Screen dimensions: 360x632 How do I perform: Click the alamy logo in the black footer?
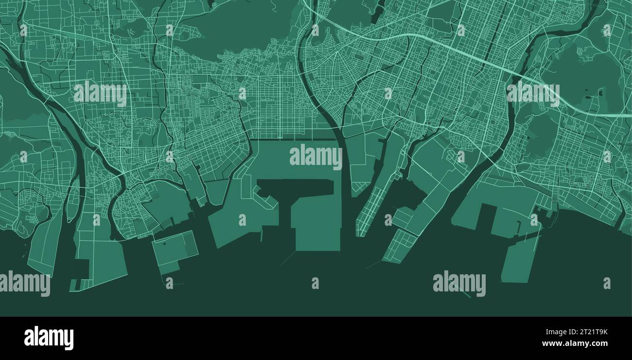click(x=49, y=338)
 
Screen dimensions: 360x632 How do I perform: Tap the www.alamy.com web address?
click(x=575, y=343)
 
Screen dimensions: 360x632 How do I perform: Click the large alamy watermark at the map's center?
click(x=316, y=157)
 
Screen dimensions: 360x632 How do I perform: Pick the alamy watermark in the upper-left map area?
click(x=100, y=93)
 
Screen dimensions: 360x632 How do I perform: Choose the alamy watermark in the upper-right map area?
click(x=533, y=93)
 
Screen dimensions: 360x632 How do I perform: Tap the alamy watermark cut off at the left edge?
click(x=24, y=284)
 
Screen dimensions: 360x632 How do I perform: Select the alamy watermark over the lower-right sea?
click(x=459, y=284)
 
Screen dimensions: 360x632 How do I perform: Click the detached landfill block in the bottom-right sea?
click(x=519, y=260)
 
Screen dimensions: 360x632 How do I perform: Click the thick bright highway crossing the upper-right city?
click(x=486, y=58)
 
